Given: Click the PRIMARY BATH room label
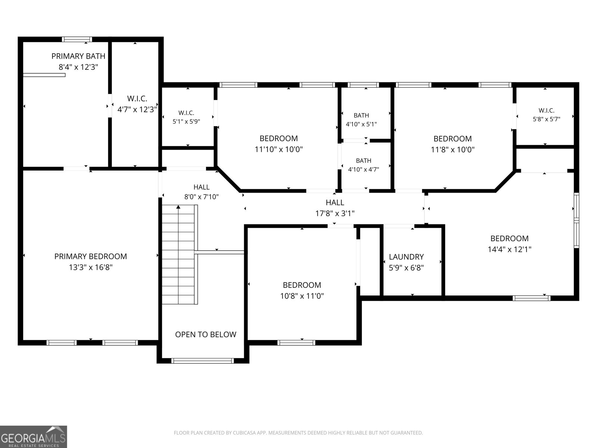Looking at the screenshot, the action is pos(78,56).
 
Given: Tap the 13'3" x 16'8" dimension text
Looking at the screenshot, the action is pos(91,267).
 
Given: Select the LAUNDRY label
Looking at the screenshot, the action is pos(406,257).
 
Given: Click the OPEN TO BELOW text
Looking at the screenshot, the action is pos(206,335).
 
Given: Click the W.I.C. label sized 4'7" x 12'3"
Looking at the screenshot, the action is pos(137,99).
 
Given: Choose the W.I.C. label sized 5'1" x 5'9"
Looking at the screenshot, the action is pos(186,113).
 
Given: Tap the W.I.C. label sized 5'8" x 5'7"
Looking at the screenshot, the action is pos(546,111).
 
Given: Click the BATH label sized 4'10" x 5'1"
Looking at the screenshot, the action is pos(362,115).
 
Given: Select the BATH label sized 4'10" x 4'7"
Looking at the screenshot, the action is pos(364,161).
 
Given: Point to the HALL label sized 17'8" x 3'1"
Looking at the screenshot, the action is pos(335,202).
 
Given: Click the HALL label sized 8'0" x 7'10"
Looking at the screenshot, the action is pos(201,187).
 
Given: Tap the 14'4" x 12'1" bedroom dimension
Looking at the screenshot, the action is pos(509,249).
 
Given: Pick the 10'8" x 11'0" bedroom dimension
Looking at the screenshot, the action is pos(302,296).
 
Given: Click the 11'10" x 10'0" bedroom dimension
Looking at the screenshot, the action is pos(278,149).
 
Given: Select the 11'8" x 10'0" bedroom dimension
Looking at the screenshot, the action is pos(453,150).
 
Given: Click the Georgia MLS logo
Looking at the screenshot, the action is pos(34,436).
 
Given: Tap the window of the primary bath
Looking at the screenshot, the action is pos(77,40).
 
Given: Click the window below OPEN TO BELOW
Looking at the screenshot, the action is pos(202,361).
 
